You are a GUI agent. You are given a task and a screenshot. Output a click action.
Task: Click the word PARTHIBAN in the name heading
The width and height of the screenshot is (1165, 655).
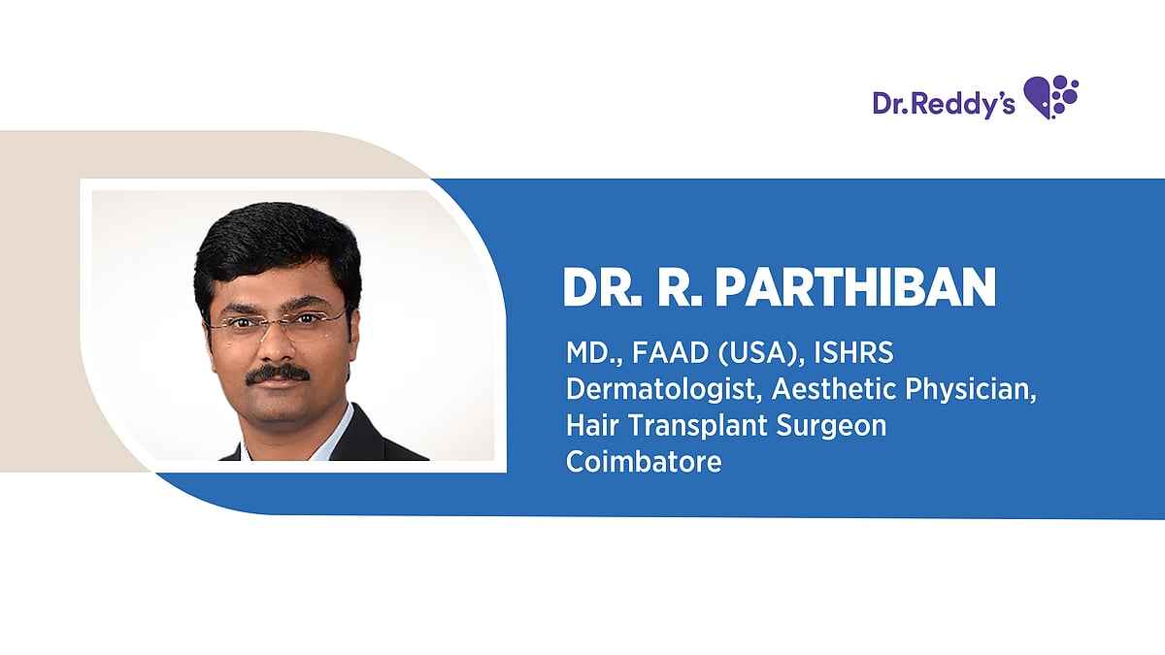coord(855,287)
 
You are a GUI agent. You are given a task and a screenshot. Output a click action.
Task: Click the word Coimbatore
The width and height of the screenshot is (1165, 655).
coord(644,461)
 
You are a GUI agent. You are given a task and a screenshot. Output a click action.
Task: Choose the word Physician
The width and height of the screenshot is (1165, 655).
coord(971,390)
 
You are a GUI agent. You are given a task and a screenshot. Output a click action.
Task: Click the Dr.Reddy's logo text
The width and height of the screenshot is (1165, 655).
coord(944,104)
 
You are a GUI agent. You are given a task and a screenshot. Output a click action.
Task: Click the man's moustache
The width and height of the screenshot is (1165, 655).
coord(278,375)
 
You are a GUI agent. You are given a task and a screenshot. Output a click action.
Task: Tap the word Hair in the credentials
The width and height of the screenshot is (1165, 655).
coord(593,425)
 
